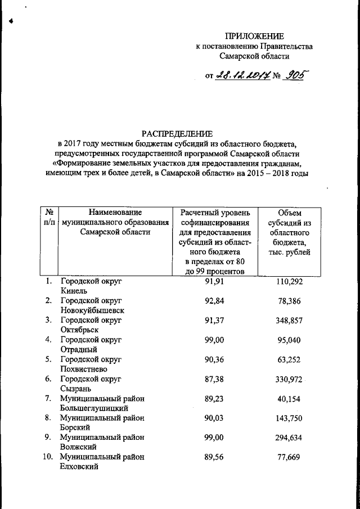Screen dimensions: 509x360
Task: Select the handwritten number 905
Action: click(296, 76)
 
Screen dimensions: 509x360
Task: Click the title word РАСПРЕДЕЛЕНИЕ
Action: click(177, 134)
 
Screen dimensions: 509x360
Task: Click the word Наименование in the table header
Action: click(115, 212)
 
